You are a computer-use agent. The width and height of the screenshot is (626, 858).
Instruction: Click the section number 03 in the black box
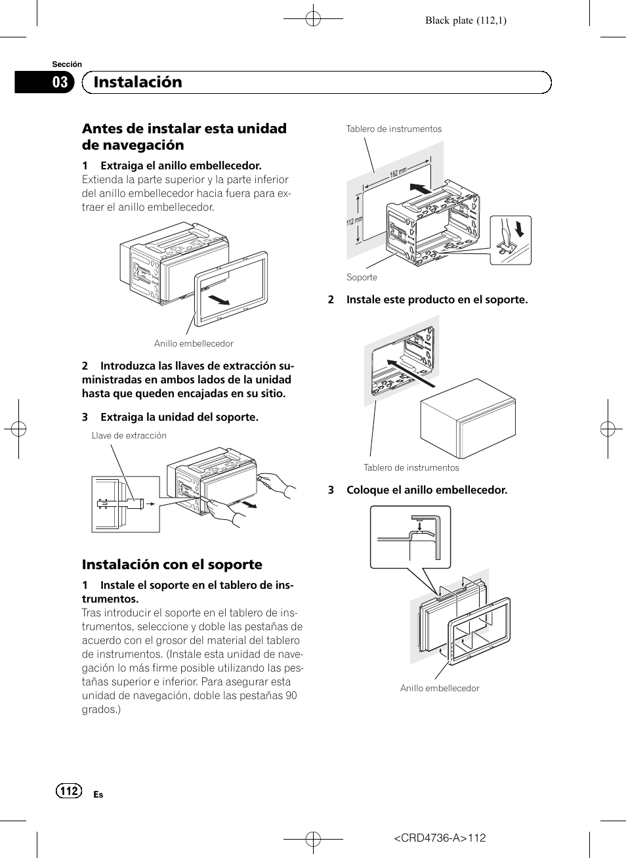pos(60,82)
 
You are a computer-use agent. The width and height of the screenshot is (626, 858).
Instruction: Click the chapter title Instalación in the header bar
pos(138,82)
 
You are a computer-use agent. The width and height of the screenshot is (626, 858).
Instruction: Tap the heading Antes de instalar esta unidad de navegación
pos(184,137)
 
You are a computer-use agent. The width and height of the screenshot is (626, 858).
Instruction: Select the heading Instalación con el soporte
pos(172,565)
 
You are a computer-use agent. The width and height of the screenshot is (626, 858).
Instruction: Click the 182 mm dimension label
pos(398,173)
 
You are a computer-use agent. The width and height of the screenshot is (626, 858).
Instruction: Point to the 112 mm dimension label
pos(354,222)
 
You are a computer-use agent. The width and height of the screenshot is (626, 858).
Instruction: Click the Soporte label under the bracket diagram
pos(362,277)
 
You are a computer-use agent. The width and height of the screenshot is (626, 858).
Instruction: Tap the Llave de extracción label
pos(129,435)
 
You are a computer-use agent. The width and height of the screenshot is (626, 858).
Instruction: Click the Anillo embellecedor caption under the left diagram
pos(194,343)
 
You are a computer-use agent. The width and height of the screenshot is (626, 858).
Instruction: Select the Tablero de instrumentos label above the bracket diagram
pos(394,129)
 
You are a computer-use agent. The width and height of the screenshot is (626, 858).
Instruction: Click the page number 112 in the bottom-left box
pos(69,791)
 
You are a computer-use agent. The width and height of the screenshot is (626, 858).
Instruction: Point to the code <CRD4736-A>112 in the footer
pos(440,838)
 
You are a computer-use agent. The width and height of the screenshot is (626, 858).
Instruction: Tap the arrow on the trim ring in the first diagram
pos(219,300)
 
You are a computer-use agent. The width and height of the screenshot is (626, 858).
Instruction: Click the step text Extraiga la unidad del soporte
pos(179,417)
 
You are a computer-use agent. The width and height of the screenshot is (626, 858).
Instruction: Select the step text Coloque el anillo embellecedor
pos(427,490)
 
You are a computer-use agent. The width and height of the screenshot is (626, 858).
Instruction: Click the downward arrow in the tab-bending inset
pos(520,228)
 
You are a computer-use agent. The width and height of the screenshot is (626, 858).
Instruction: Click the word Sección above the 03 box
pos(67,64)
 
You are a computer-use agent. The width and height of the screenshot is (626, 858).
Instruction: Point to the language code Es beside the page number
pos(98,794)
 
